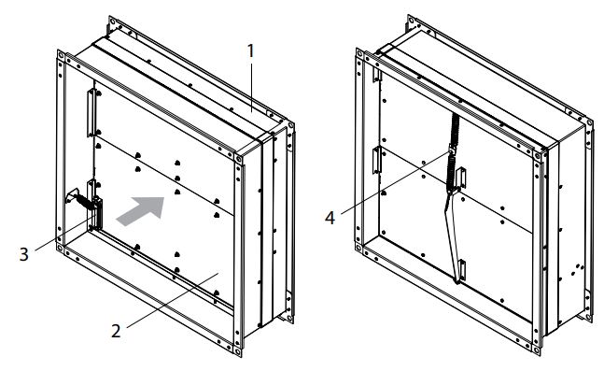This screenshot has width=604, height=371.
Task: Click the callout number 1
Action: pos(251,51)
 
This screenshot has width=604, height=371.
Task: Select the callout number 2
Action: pos(116,331)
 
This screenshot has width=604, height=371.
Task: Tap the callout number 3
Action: pos(24,254)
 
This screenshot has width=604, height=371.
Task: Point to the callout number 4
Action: pos(330,218)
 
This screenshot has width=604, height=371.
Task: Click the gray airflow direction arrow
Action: pos(141,210)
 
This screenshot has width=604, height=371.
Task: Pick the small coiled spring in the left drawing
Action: pos(86,202)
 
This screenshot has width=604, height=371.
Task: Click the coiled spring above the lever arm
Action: pos(453,152)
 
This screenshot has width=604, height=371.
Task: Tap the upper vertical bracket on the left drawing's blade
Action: pos(91,113)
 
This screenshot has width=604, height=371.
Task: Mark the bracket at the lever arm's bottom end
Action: pos(462,270)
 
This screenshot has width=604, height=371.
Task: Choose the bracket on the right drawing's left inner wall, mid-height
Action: pos(376,160)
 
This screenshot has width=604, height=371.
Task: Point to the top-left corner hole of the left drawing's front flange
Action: pos(61,55)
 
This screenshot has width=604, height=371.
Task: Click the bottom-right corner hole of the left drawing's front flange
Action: pos(238,351)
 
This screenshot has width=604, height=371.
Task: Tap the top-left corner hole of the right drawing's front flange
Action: pos(359,53)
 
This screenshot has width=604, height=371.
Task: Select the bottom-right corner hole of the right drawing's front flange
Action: pos(536,350)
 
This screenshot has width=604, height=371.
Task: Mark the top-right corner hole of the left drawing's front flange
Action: pos(238,159)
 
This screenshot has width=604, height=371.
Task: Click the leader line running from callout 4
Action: pos(396,183)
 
